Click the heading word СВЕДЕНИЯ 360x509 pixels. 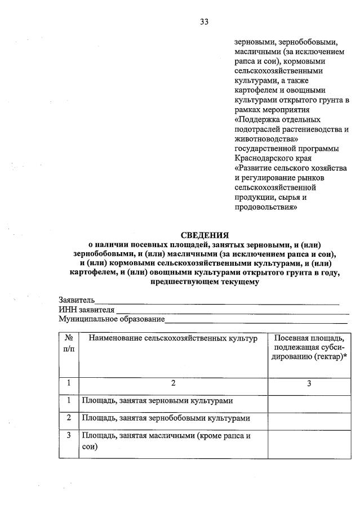[204, 235]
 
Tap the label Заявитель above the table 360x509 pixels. [77, 300]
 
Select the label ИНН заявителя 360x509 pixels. [87, 310]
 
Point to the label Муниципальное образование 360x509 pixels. [112, 319]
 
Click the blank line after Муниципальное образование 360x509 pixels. [256, 320]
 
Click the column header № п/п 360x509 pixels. [68, 343]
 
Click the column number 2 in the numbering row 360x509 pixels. [173, 383]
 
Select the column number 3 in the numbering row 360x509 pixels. [309, 383]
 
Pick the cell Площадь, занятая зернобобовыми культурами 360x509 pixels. [166, 418]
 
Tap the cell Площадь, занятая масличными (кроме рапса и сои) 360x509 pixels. [166, 441]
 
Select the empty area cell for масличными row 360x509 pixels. [309, 444]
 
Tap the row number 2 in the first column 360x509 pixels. [68, 418]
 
